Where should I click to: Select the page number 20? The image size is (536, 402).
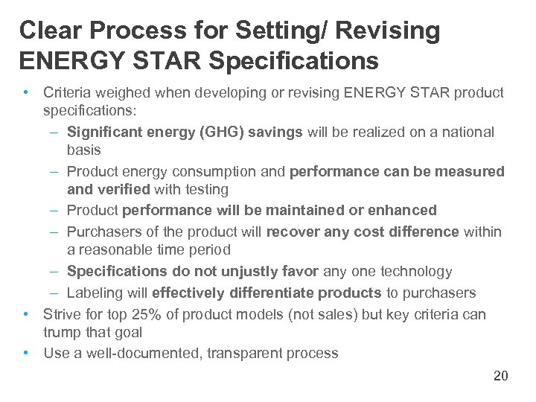click(x=500, y=376)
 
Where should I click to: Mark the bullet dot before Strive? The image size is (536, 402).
click(x=26, y=314)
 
